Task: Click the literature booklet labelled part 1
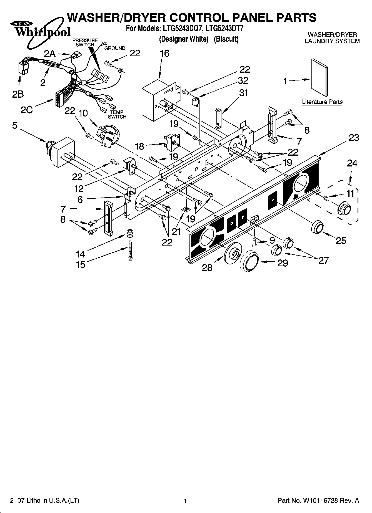point(319,77)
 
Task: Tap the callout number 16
point(164,53)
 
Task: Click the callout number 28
point(207,267)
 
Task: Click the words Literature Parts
point(322,102)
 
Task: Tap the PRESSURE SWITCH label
point(85,42)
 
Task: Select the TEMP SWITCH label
point(117,114)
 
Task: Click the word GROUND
point(115,48)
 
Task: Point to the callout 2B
point(18,94)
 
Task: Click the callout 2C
point(27,110)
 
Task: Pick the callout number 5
point(15,126)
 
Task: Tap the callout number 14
point(81,254)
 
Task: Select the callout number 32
point(243,80)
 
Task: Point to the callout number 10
point(83,113)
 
